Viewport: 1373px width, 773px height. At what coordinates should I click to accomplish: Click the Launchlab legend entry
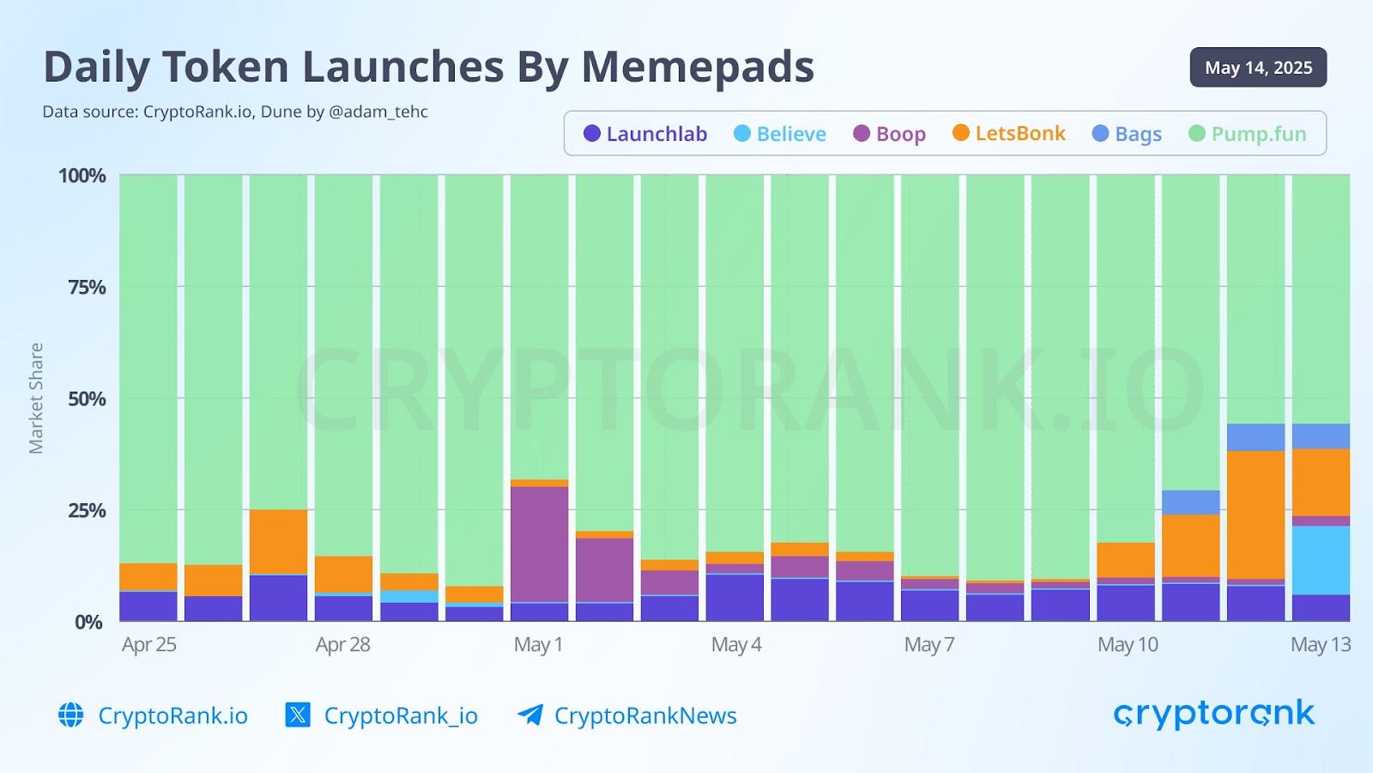[645, 134]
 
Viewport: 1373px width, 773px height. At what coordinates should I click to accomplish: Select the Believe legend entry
[780, 134]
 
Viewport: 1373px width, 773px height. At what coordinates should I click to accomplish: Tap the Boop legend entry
[890, 134]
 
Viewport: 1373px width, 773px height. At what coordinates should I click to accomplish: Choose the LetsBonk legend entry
[1009, 133]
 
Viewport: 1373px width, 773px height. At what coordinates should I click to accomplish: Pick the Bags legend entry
[1127, 134]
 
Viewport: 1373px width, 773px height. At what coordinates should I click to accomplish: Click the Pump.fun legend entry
[1248, 134]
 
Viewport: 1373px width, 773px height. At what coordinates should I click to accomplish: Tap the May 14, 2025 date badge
[1258, 68]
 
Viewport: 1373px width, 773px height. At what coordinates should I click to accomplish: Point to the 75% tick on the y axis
[88, 287]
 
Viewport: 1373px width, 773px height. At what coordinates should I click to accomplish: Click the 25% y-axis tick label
[88, 510]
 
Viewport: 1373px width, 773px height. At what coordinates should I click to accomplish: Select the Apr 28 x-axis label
[342, 645]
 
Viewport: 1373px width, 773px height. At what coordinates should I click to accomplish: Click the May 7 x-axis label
[929, 645]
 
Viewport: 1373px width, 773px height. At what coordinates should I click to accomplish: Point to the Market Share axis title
[36, 399]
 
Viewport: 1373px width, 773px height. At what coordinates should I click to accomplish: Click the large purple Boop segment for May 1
[539, 545]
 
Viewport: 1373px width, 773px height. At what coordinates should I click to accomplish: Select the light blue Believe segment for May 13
[1321, 560]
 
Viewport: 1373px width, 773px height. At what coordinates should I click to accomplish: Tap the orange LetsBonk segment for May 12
[1255, 514]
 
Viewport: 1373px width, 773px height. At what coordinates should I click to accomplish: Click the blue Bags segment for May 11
[1190, 502]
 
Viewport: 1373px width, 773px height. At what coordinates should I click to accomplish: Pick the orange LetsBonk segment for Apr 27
[278, 542]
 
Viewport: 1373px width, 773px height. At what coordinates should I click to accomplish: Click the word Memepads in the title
[698, 67]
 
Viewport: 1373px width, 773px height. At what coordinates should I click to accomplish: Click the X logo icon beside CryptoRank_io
[298, 715]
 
